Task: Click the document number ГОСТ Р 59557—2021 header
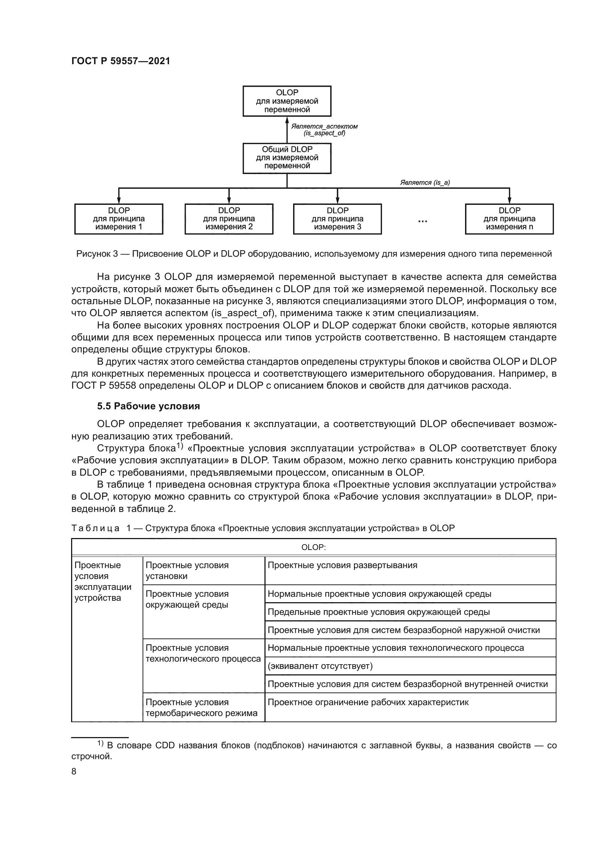point(120,61)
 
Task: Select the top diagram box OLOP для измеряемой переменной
point(287,101)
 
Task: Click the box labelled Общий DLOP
point(287,158)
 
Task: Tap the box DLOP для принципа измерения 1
point(119,219)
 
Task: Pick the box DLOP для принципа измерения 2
point(229,219)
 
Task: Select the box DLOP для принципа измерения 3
point(337,219)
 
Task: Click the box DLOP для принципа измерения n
point(509,219)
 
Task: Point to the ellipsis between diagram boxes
point(422,221)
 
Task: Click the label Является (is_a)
point(425,182)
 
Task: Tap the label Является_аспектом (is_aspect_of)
point(324,130)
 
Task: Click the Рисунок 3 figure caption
point(314,254)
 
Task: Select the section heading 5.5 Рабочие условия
point(148,406)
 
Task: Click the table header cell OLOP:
point(313,547)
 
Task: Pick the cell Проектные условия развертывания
point(342,566)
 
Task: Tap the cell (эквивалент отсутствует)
point(320,666)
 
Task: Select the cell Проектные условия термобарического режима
point(201,708)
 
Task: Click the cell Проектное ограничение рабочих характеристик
point(368,703)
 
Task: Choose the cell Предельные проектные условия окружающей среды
point(378,612)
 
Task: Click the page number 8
point(74,772)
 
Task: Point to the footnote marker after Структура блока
point(180,446)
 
